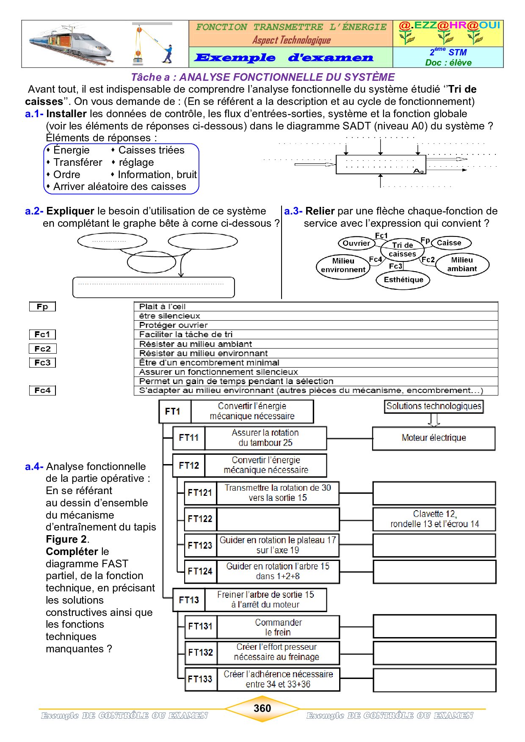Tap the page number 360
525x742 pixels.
point(262,708)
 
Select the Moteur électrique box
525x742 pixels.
point(434,438)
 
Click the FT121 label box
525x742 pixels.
point(200,493)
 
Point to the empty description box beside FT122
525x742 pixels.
point(278,519)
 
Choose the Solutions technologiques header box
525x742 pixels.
point(434,406)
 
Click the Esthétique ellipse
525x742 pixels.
point(403,280)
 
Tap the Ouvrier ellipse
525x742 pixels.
point(356,243)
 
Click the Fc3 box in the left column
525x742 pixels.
point(42,363)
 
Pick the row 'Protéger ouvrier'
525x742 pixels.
point(315,325)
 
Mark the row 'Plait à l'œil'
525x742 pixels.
point(315,306)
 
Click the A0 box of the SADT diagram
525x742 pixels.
point(381,165)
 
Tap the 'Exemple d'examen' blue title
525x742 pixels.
point(284,58)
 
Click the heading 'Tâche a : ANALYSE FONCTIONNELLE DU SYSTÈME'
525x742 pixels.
point(262,77)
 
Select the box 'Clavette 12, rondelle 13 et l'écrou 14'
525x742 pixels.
point(434,519)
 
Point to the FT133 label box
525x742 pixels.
point(201,679)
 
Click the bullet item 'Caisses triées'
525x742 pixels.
point(151,150)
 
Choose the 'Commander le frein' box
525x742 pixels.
point(278,627)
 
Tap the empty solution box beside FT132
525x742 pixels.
point(434,653)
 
